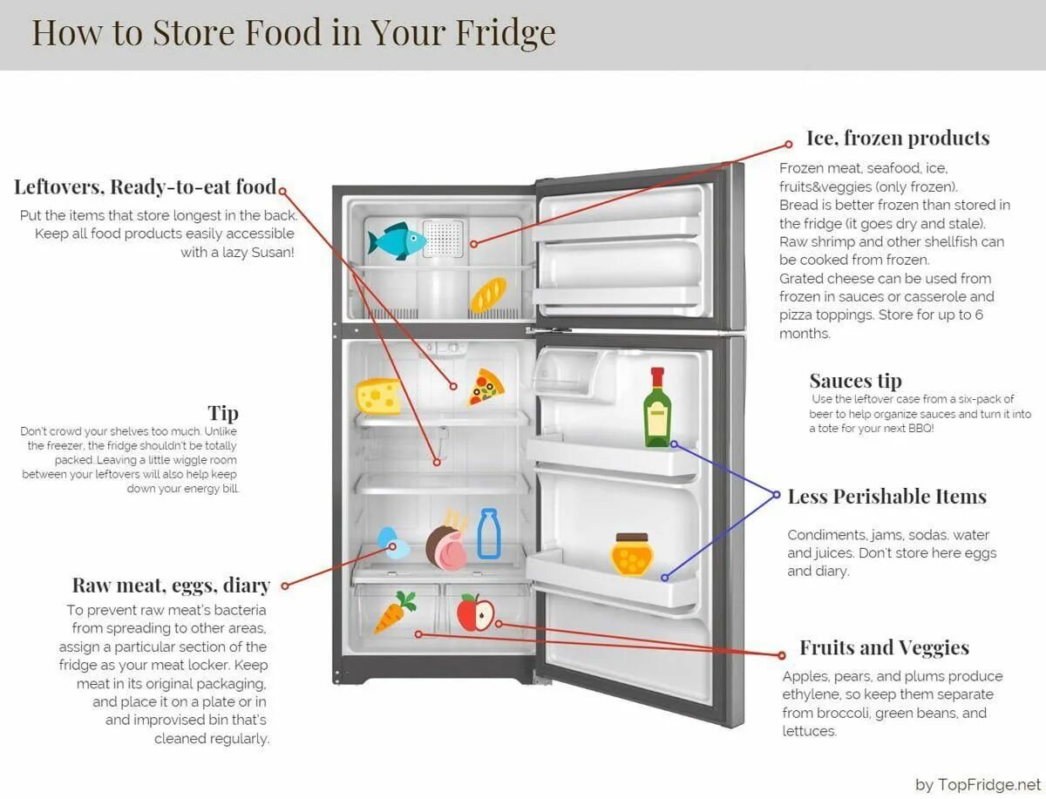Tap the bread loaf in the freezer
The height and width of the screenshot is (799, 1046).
(488, 295)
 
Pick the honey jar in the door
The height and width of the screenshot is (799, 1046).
(631, 555)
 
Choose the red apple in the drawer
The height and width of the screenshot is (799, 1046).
(475, 612)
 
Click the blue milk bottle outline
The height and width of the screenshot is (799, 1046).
(488, 534)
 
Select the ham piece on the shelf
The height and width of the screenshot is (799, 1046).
(446, 542)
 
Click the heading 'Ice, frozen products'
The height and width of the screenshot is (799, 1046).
(897, 139)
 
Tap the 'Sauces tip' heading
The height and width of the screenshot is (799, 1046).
(855, 381)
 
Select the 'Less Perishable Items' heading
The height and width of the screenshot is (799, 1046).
(886, 497)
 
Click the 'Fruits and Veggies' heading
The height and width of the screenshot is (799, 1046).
(884, 648)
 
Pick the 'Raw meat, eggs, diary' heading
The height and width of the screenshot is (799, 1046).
(171, 586)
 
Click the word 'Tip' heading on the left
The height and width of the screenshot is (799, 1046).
(222, 413)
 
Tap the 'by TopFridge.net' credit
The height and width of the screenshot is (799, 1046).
(978, 784)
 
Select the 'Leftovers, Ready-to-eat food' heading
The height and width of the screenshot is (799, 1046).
(146, 187)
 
